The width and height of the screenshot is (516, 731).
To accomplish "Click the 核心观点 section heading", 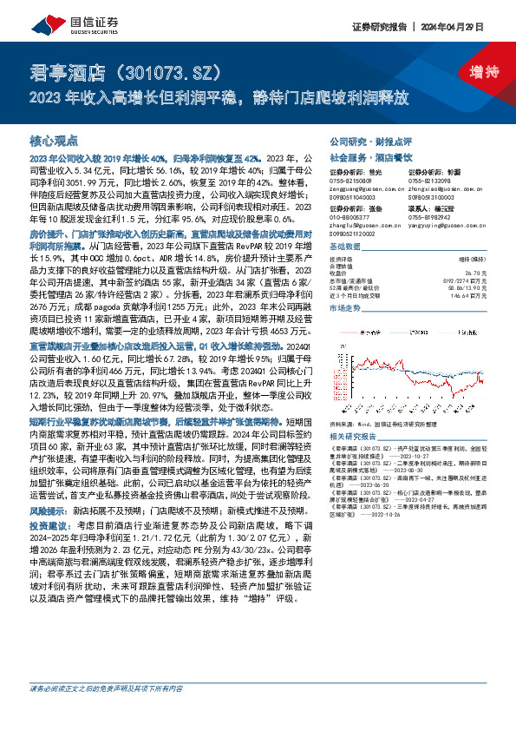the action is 54,140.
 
